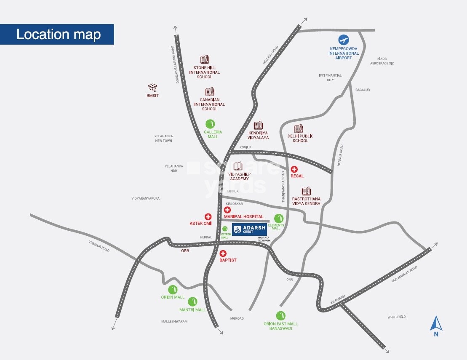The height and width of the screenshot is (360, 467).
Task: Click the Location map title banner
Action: tap(57, 34)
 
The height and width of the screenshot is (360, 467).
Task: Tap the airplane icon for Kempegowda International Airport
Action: tap(344, 40)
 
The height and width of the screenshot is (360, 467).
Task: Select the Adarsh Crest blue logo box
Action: tap(250, 229)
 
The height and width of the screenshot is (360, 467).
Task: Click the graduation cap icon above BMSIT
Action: tap(152, 88)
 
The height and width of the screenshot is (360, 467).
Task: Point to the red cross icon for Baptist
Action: tap(223, 253)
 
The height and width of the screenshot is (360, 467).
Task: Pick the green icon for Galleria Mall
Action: tap(210, 124)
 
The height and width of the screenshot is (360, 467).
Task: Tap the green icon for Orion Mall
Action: tap(173, 289)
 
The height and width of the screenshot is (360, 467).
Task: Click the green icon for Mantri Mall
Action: tap(192, 301)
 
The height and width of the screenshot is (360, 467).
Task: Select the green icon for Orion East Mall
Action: tap(280, 315)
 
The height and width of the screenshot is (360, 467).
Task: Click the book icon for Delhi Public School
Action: tap(298, 128)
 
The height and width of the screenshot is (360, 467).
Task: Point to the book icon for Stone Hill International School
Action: tap(205, 59)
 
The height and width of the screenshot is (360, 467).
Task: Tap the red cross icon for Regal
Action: tap(294, 169)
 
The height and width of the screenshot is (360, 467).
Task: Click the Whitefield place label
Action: tap(397, 317)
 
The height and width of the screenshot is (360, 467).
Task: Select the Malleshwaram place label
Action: tap(174, 321)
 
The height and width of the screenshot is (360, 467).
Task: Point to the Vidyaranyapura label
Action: tap(146, 198)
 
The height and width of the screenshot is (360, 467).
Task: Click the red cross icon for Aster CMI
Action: tap(208, 217)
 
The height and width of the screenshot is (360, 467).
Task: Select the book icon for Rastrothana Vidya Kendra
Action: tap(306, 191)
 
